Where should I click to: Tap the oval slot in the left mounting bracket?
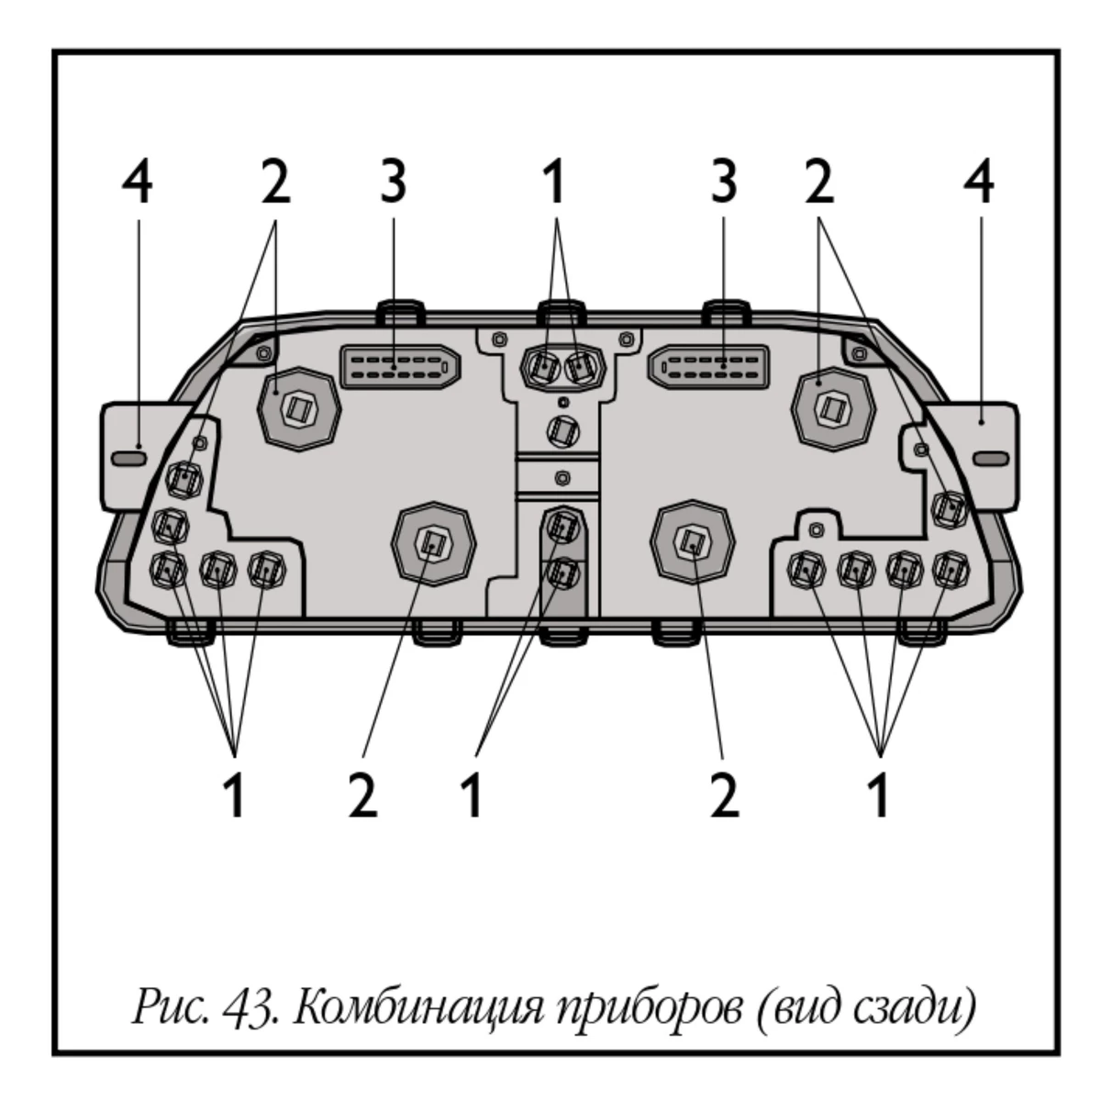128,457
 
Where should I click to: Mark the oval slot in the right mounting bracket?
990,457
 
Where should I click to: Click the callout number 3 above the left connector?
392,184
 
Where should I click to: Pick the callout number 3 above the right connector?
724,184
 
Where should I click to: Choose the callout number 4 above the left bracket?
138,184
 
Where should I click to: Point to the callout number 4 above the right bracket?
979,184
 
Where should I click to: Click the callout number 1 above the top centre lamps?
553,184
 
